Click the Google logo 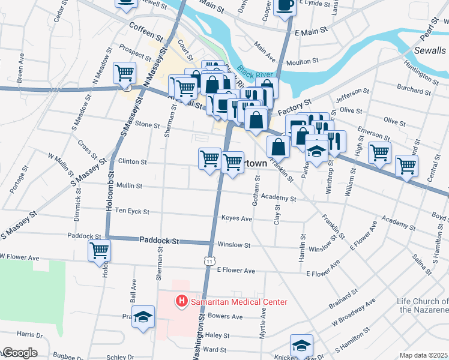pyautogui.click(x=19, y=353)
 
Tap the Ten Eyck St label pyautogui.click(x=132, y=211)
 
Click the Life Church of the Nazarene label pyautogui.click(x=423, y=305)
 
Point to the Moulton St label pyautogui.click(x=303, y=61)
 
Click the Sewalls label pyautogui.click(x=430, y=50)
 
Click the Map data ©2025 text pyautogui.click(x=423, y=355)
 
